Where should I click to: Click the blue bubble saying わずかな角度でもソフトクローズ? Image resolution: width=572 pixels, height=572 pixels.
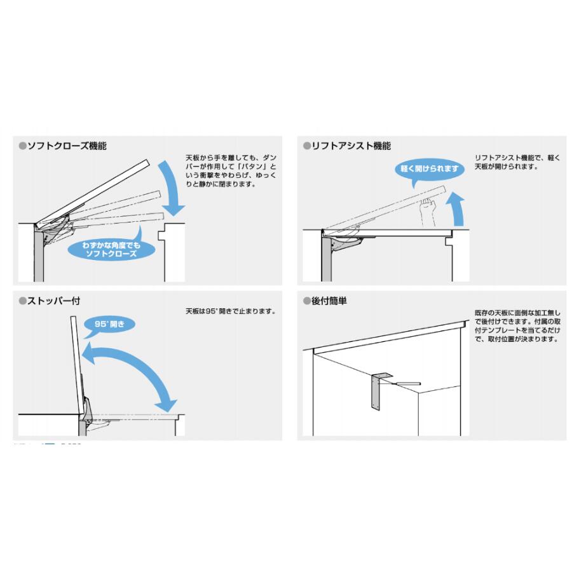[111, 250]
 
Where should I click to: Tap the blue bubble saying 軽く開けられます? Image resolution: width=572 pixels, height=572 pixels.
[430, 169]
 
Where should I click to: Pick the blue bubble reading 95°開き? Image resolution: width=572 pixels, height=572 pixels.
[109, 324]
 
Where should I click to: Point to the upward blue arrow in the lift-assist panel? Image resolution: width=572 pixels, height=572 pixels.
[458, 209]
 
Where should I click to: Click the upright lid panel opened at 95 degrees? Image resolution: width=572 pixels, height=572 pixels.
[77, 365]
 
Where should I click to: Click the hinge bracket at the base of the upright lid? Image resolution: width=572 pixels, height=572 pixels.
[87, 411]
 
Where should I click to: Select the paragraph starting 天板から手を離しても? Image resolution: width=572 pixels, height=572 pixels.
[231, 171]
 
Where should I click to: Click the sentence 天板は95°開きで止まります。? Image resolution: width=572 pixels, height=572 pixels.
[231, 311]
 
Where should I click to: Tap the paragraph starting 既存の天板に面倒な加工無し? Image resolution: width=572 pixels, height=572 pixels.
[517, 326]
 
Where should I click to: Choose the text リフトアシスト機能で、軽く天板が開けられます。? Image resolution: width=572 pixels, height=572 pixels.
[517, 162]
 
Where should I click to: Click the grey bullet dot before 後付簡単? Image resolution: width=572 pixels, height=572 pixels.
[307, 301]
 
